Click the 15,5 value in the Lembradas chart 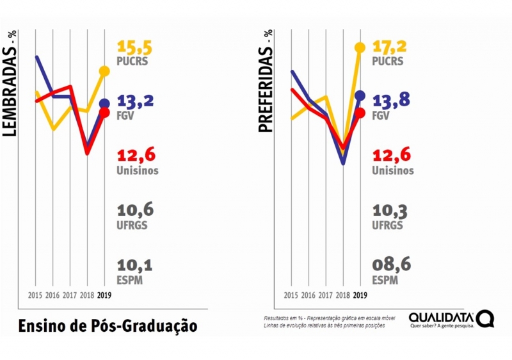tap(135, 47)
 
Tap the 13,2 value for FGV tap(136, 101)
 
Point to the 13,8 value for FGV tap(391, 99)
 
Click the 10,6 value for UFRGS tap(135, 210)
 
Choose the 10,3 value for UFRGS tap(390, 211)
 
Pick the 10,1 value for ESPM tap(135, 265)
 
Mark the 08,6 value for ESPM tap(390, 265)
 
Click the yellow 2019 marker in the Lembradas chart tap(104, 70)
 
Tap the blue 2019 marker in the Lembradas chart tap(104, 103)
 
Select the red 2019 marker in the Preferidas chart tap(360, 113)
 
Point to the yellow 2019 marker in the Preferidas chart tap(360, 47)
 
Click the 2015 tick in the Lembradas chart tap(36, 295)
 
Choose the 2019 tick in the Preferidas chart tap(360, 295)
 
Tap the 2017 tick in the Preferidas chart tap(326, 295)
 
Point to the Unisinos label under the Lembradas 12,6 tap(138, 171)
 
